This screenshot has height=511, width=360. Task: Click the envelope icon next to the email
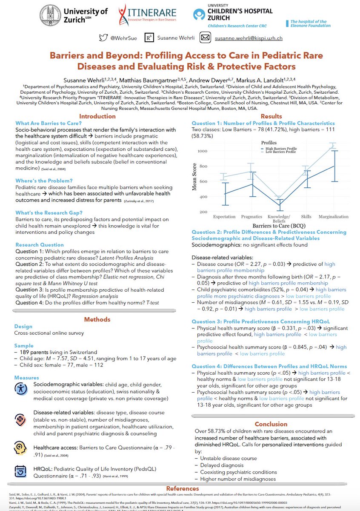click(x=205, y=38)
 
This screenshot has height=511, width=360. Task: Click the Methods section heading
click(x=97, y=319)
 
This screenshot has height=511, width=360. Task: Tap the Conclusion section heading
click(x=271, y=424)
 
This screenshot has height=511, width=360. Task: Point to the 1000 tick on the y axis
click(x=202, y=151)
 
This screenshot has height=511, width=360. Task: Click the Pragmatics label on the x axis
click(x=251, y=217)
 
